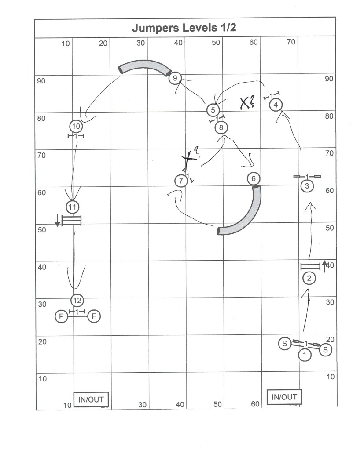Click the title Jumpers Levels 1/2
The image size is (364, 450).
[184, 28]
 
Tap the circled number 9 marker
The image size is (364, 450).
[175, 78]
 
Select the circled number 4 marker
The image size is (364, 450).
[276, 105]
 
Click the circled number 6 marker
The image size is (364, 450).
[254, 178]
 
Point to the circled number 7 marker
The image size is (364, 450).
[181, 181]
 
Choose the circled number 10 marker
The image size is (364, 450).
[76, 126]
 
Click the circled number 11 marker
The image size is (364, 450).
[72, 207]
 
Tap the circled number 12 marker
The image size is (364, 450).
[77, 301]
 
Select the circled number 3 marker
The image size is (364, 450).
[307, 186]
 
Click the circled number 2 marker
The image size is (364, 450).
[309, 278]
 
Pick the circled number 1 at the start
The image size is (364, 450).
[305, 355]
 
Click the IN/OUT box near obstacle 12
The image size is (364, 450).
[91, 399]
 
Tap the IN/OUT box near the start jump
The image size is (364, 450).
[284, 397]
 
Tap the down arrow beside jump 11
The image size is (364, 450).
[58, 220]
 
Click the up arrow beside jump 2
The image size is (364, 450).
[324, 266]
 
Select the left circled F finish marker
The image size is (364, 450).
[61, 316]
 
